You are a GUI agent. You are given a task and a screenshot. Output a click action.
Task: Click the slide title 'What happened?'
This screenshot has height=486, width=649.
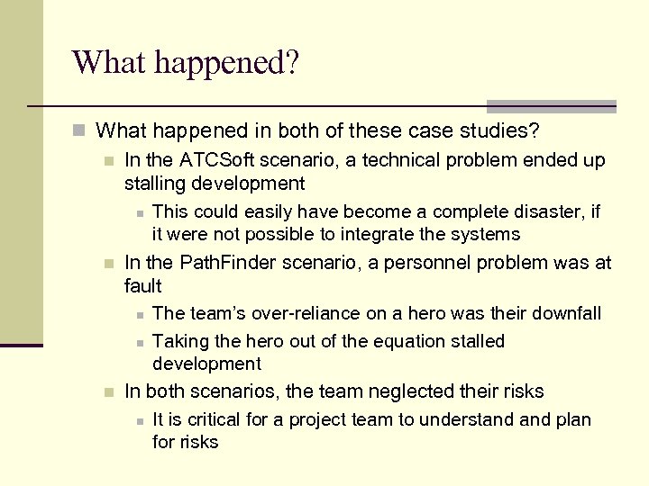(186, 63)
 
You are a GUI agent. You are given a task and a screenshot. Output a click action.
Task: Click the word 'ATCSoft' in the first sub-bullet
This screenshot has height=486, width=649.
(215, 160)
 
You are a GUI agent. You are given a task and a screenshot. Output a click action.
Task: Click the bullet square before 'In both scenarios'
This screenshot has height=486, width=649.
(109, 392)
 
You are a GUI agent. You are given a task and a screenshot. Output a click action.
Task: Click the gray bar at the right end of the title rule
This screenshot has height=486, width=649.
(551, 105)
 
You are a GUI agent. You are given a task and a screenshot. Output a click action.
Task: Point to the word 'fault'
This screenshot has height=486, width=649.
(143, 286)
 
